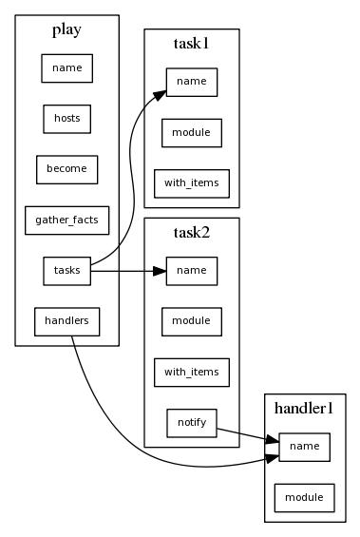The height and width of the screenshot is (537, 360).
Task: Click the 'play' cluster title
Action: (x=66, y=29)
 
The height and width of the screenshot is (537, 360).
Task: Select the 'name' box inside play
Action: (x=66, y=67)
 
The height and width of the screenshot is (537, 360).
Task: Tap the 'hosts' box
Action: (x=66, y=118)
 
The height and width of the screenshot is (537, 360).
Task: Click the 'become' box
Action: (x=66, y=169)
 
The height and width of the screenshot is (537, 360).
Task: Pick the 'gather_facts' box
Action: (x=66, y=221)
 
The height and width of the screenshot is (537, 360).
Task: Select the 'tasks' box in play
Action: (x=66, y=271)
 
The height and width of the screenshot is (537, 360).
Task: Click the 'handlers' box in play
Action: (x=66, y=321)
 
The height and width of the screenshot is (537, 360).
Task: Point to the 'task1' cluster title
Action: (x=191, y=44)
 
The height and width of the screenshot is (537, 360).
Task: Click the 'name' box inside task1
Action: (x=191, y=82)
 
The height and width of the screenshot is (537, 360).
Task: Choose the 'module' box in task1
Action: (x=191, y=132)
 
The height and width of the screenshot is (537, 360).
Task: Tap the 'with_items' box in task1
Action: (x=191, y=182)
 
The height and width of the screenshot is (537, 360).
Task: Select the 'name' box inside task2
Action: (x=191, y=271)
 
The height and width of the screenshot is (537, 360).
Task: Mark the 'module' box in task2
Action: (x=191, y=321)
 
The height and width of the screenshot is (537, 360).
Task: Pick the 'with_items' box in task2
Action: (x=191, y=372)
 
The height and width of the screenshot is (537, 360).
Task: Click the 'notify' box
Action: (x=191, y=422)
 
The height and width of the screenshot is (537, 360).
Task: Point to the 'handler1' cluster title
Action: (x=304, y=408)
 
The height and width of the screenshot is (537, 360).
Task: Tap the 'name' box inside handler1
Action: (x=304, y=446)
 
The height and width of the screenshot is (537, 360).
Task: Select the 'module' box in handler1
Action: (x=304, y=496)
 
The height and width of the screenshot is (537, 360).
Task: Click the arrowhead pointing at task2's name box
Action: (x=159, y=271)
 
